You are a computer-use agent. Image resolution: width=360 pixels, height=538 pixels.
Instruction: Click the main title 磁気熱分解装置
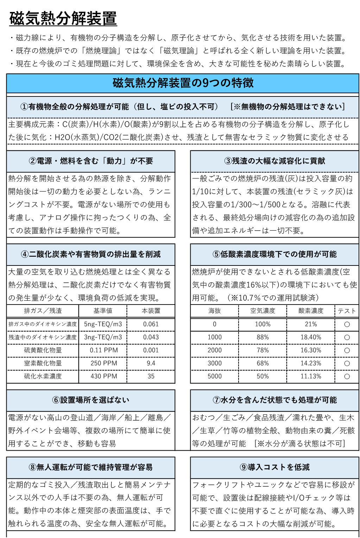click(63, 19)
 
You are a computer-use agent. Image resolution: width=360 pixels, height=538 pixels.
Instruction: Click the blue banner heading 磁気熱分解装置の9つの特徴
click(183, 83)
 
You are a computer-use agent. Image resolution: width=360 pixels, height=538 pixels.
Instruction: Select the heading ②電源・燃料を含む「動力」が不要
click(91, 161)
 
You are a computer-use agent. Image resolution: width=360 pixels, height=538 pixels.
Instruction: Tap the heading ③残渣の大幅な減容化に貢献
click(274, 161)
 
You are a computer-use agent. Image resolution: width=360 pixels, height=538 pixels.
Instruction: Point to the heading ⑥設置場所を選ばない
click(91, 400)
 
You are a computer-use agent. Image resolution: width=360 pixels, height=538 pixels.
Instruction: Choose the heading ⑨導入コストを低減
click(274, 467)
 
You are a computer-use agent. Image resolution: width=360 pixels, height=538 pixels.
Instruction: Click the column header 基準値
click(103, 311)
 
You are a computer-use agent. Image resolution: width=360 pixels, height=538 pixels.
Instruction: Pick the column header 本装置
click(151, 311)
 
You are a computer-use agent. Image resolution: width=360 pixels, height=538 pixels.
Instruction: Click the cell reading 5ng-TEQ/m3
click(103, 324)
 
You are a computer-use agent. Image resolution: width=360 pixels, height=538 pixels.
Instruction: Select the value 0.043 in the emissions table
click(151, 337)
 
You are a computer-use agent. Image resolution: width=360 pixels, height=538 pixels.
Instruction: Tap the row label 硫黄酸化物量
click(43, 350)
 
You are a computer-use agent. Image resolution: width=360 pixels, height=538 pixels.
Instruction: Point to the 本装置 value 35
click(151, 376)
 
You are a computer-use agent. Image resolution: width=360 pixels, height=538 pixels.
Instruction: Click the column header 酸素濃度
click(311, 311)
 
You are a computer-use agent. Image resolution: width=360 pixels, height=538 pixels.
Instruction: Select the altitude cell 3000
click(215, 363)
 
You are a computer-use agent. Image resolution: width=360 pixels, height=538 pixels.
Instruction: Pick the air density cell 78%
click(263, 350)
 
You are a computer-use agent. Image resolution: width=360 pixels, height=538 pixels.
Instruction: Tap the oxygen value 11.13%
click(311, 376)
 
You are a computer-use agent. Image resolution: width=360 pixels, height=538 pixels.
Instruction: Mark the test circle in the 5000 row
click(347, 376)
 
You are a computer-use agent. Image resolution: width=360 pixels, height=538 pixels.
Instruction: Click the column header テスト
click(347, 311)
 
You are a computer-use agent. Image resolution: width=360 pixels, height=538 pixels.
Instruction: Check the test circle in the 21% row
click(347, 324)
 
